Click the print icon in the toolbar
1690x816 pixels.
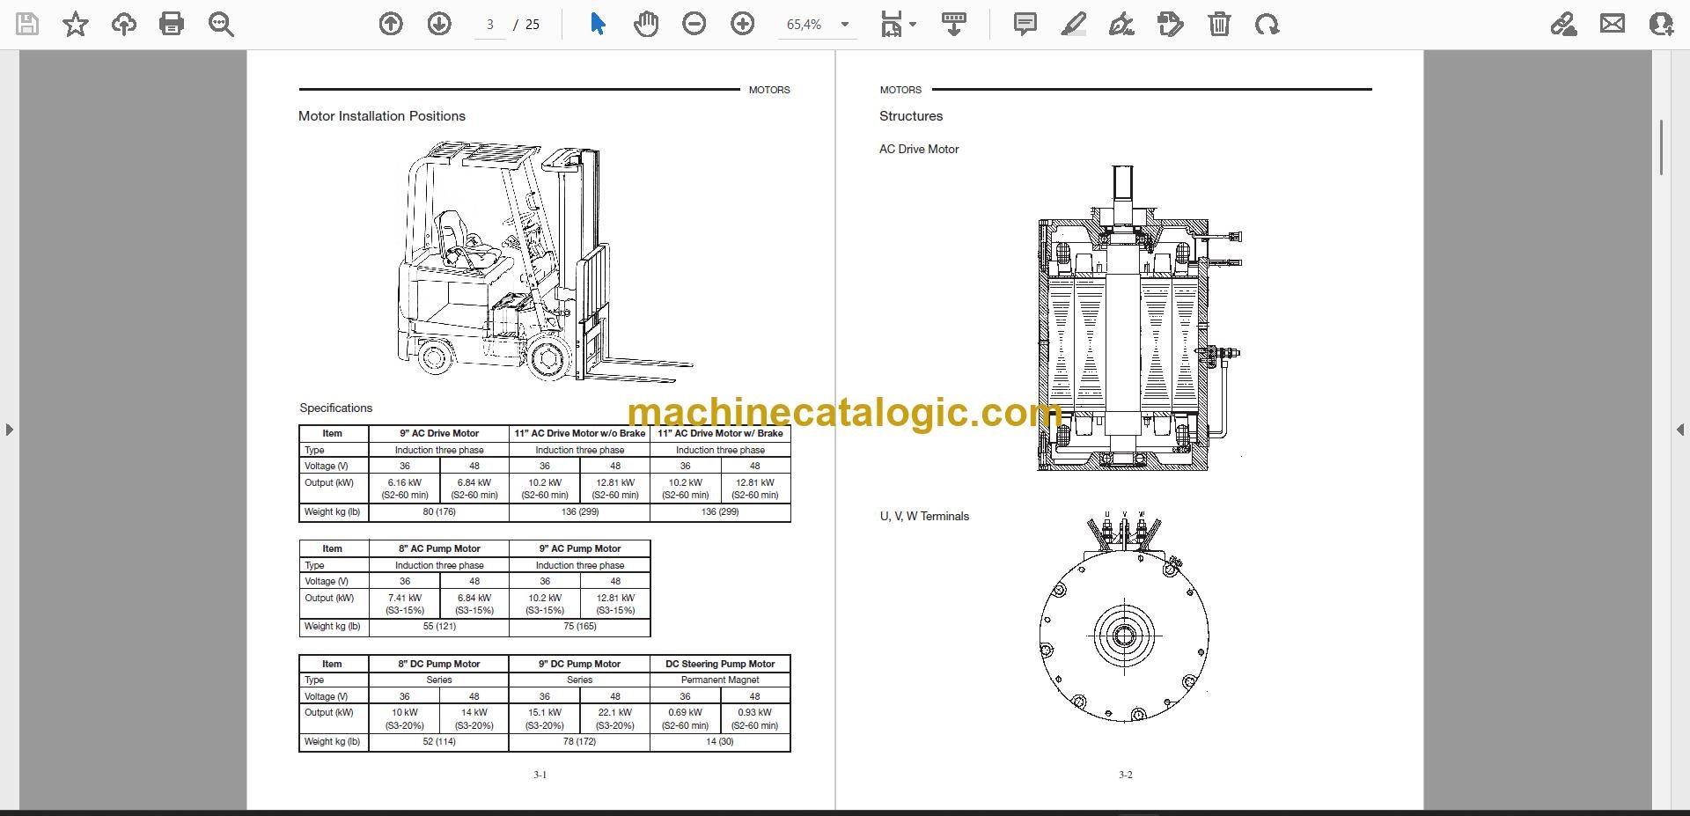tap(172, 24)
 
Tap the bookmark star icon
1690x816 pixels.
tap(76, 24)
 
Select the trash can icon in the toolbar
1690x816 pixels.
tap(1219, 24)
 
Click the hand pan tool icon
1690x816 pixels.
tap(646, 24)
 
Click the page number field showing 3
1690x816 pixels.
tap(490, 25)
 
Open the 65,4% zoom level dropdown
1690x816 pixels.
tap(845, 25)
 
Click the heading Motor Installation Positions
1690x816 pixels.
tap(382, 116)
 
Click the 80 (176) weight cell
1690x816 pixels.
tap(439, 511)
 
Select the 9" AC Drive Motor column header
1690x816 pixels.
tap(439, 433)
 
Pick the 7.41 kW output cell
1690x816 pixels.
tap(405, 604)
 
